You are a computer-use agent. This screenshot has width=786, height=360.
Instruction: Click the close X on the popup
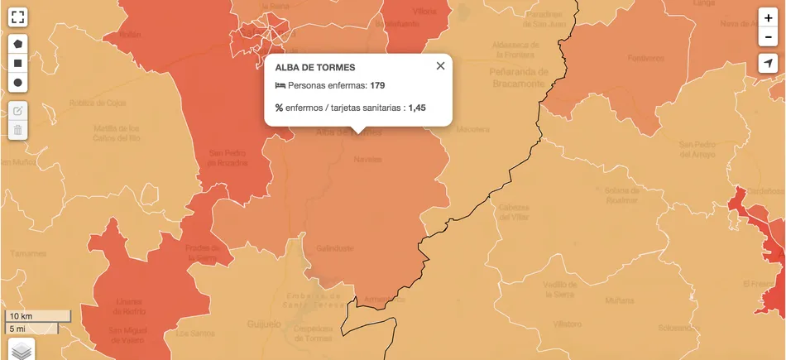point(440,66)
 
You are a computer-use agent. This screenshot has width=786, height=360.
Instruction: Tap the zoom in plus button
point(769,18)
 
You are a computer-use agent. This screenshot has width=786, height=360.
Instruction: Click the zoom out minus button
point(769,38)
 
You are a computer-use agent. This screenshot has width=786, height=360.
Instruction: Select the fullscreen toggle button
point(17,17)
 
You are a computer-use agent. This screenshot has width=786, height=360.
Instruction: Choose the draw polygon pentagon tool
point(17,43)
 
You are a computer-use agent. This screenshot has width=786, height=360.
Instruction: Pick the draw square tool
point(17,63)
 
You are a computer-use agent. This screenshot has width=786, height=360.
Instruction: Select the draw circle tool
point(17,83)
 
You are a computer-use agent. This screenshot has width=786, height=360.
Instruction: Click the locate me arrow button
point(769,65)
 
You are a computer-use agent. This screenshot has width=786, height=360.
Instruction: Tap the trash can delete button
point(17,130)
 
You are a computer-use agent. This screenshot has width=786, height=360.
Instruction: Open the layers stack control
point(22,350)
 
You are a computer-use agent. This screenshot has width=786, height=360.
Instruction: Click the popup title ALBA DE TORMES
point(314,67)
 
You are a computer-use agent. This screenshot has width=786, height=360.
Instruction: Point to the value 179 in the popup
point(378,86)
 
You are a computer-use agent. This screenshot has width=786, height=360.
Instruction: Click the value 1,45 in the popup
point(417,108)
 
